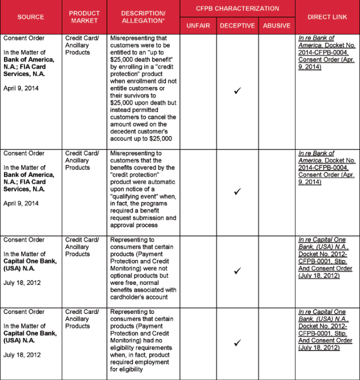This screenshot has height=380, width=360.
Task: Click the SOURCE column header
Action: pyautogui.click(x=31, y=16)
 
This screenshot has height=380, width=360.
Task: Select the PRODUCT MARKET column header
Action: pyautogui.click(x=84, y=16)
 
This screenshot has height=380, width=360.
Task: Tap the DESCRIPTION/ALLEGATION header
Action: pyautogui.click(x=143, y=16)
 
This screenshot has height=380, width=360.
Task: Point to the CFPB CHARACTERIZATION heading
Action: pyautogui.click(x=238, y=9)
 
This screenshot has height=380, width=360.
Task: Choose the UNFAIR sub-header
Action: pyautogui.click(x=198, y=26)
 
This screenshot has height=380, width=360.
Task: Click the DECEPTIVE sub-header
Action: pyautogui.click(x=237, y=26)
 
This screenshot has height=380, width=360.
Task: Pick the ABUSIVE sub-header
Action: pyautogui.click(x=276, y=26)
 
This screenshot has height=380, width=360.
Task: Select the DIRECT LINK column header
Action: pyautogui.click(x=327, y=16)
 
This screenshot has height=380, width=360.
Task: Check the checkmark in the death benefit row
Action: pyautogui.click(x=237, y=90)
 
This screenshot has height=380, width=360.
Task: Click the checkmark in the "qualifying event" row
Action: pyautogui.click(x=237, y=191)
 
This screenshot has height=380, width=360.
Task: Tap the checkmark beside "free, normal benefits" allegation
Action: pyautogui.click(x=237, y=271)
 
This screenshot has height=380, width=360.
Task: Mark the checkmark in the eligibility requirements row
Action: pyautogui.click(x=237, y=343)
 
